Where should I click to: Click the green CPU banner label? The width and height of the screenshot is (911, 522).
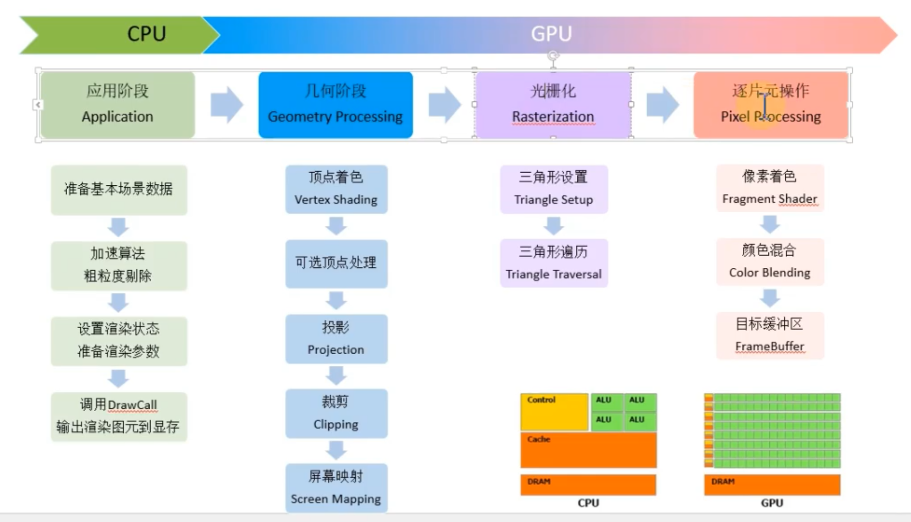click(146, 34)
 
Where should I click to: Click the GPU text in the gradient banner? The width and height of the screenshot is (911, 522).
click(551, 34)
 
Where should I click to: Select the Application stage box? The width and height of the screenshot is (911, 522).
click(117, 104)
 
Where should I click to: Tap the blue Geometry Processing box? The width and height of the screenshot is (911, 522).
click(335, 104)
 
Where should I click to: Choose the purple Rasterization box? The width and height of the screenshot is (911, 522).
click(553, 104)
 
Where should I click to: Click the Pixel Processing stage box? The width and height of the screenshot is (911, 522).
click(771, 104)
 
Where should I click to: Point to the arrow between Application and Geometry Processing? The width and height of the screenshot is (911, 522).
click(226, 104)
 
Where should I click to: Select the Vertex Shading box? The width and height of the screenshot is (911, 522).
click(336, 189)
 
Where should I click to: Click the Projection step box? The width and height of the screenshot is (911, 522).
click(336, 339)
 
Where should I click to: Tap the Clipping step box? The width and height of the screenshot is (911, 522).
click(336, 413)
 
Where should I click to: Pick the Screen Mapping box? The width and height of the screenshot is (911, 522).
click(336, 488)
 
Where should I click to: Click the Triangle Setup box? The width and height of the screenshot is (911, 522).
click(553, 189)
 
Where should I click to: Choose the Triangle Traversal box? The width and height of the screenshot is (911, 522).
click(553, 263)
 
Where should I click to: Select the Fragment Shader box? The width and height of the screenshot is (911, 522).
click(770, 188)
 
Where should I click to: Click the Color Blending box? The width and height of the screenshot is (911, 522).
click(770, 262)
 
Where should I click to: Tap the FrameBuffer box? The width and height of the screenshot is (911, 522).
click(770, 336)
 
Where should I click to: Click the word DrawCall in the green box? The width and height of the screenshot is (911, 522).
click(132, 405)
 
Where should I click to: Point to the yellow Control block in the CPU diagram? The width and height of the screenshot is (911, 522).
click(554, 412)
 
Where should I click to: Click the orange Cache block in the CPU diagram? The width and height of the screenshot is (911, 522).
click(588, 450)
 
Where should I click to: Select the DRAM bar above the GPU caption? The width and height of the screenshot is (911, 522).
click(772, 484)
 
